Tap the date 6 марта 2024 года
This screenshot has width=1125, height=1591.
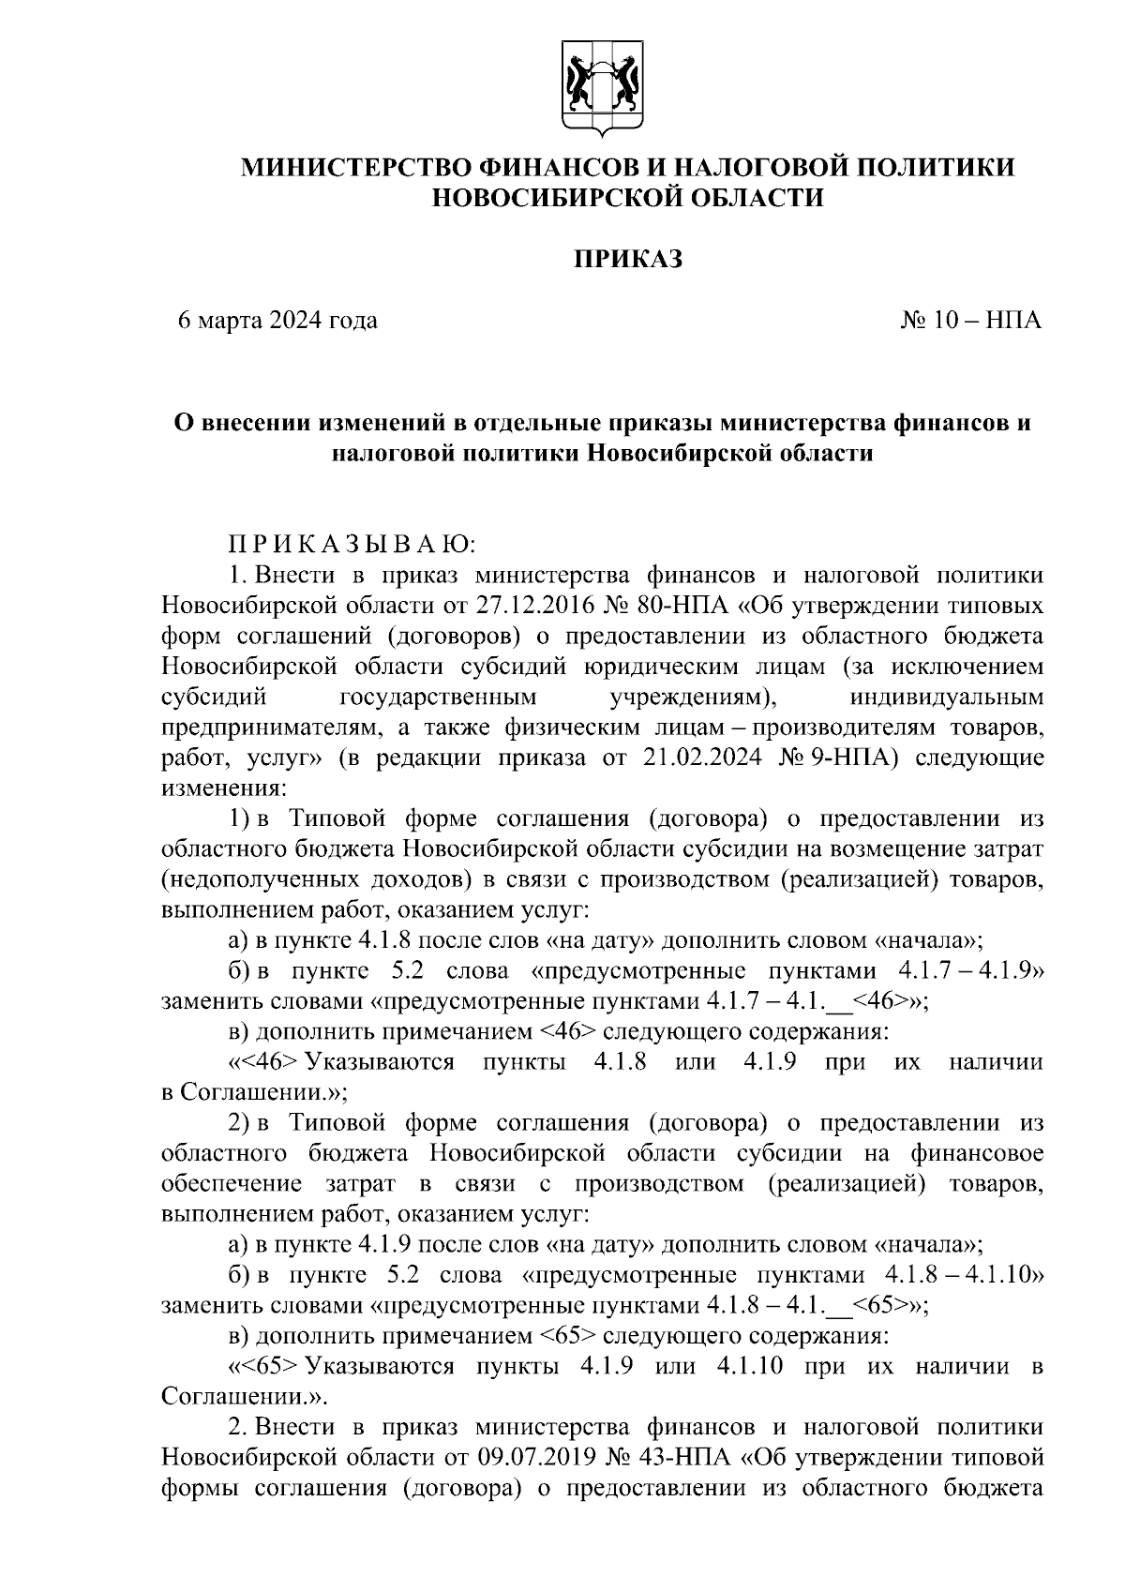278,321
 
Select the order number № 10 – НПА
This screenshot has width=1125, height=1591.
971,321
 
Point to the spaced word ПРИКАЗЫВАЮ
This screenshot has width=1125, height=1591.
352,544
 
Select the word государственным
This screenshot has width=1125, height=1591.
437,697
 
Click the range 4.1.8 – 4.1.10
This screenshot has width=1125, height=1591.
965,1274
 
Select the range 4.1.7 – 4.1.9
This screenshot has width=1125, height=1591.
970,970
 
